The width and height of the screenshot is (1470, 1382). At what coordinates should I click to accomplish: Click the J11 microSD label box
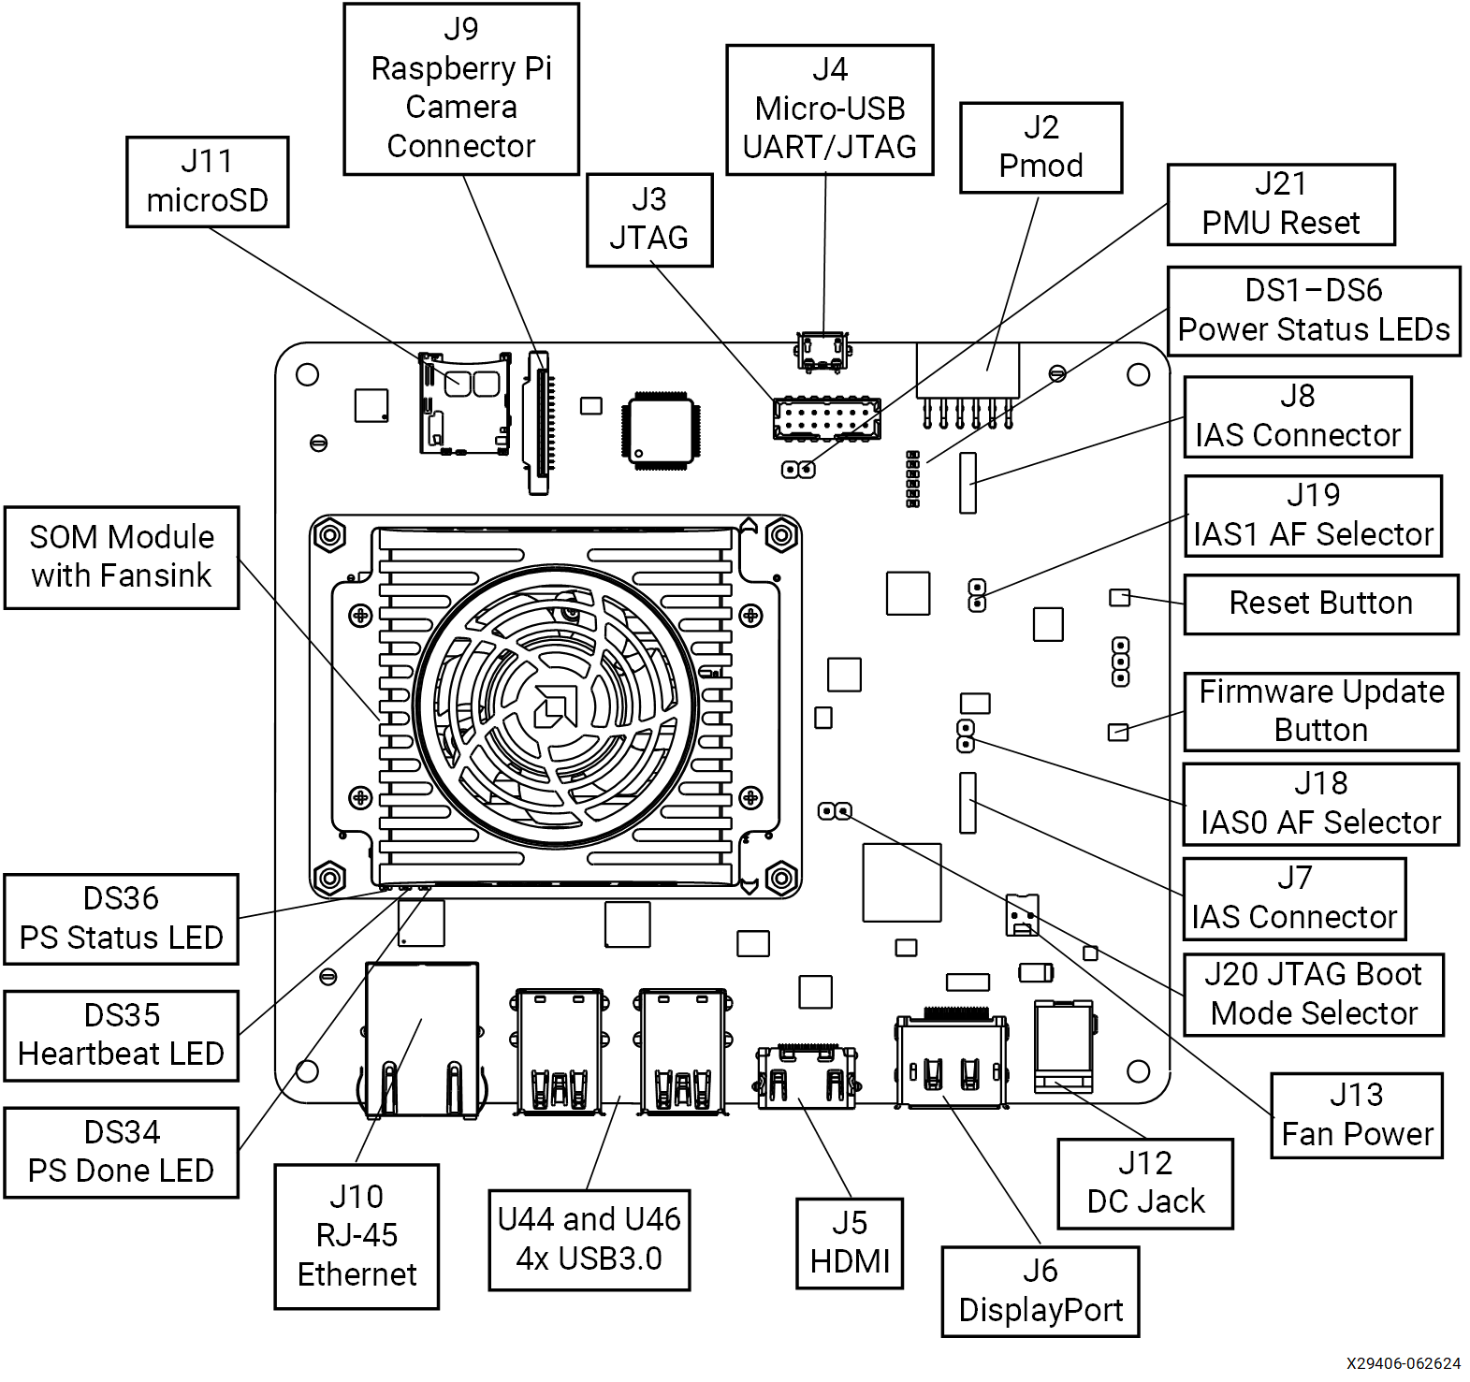coord(207,182)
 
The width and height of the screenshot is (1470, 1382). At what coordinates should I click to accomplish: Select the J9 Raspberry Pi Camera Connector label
coord(461,89)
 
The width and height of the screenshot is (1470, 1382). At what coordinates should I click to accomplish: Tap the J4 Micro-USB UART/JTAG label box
coord(829,109)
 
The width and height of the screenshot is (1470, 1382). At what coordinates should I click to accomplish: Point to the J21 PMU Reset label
coord(1280,204)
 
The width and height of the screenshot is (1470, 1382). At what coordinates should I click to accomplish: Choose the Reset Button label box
coord(1320,604)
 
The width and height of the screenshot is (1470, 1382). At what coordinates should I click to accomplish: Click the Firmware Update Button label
coord(1320,711)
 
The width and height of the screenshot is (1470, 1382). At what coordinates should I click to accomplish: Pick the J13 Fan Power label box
coord(1356,1115)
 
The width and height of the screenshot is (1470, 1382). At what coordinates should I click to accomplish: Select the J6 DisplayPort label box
coord(1040,1291)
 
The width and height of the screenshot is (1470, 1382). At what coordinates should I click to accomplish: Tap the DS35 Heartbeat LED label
coord(121,1035)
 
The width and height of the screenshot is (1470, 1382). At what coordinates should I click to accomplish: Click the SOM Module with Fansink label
coord(121,557)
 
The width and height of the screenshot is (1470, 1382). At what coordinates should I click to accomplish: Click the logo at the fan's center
coord(555,706)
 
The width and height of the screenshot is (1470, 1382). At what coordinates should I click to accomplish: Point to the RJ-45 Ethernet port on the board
coord(422,1039)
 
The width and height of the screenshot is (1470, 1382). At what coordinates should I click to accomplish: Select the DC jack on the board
coord(1063,1045)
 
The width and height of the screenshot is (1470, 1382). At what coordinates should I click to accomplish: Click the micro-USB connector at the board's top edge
coord(822,351)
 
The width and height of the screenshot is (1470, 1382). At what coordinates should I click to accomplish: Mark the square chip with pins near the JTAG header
coord(660,430)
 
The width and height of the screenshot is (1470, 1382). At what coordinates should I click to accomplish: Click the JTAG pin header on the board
coord(826,418)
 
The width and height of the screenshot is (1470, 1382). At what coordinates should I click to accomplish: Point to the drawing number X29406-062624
coord(1403,1363)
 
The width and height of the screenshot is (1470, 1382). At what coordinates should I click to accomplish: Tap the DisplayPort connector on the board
coord(952,1062)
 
